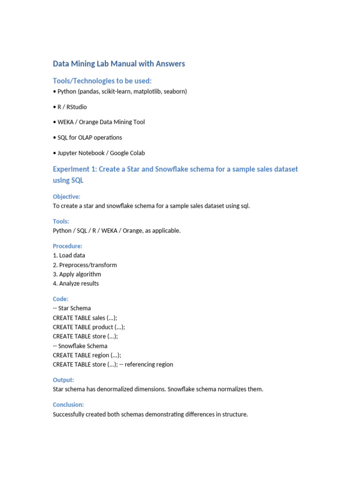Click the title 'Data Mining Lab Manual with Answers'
[x=119, y=64]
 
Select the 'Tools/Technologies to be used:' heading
[x=102, y=81]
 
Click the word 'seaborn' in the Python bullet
[x=174, y=91]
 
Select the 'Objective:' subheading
[x=66, y=197]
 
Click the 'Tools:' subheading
[x=61, y=221]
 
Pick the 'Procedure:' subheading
[x=67, y=246]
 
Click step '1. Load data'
[x=69, y=255]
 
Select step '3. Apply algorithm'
[x=77, y=274]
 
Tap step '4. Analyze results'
[x=75, y=284]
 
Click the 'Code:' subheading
[x=60, y=299]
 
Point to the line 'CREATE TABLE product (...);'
[x=89, y=327]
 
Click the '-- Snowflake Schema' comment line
[x=80, y=346]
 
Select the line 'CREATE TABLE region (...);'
[x=87, y=355]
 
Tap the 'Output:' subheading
[x=63, y=380]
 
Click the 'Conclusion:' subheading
[x=68, y=405]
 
